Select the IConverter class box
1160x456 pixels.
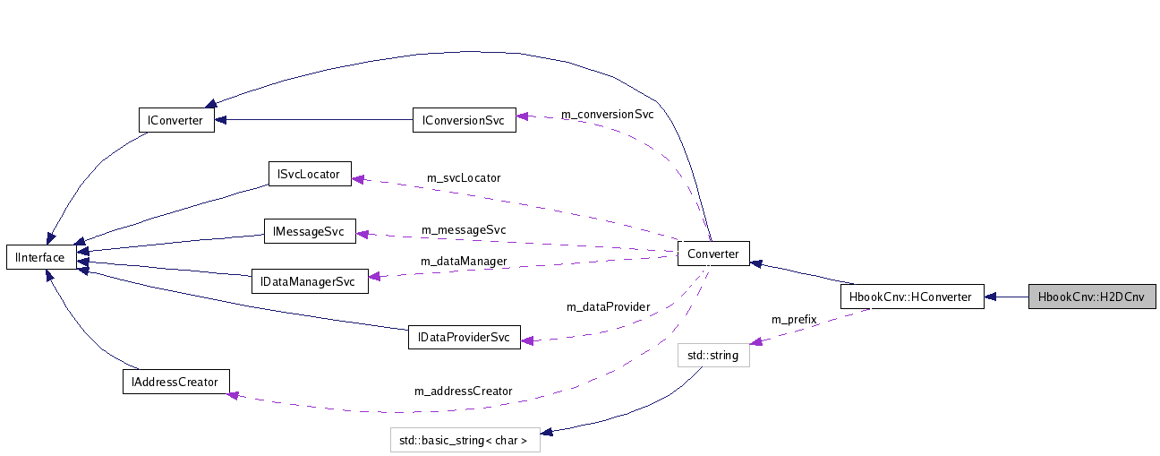coord(176,120)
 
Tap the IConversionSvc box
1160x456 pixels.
coord(464,120)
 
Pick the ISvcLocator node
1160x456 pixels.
coord(310,174)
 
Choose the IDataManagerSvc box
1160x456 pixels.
coord(309,281)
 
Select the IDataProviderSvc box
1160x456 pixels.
coord(464,337)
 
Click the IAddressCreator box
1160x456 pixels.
coord(175,381)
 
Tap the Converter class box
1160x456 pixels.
coord(713,254)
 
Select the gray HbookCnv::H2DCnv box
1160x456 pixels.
coord(1091,297)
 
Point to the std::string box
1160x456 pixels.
coord(712,356)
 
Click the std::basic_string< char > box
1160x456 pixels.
coord(465,440)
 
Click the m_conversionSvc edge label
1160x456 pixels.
coord(607,115)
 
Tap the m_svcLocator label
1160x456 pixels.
coord(464,177)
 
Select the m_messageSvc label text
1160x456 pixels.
coord(464,230)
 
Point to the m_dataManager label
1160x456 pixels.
coord(464,261)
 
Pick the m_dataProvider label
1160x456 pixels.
coord(608,306)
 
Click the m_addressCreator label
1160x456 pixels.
coord(463,391)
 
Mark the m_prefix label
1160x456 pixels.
coord(794,320)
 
